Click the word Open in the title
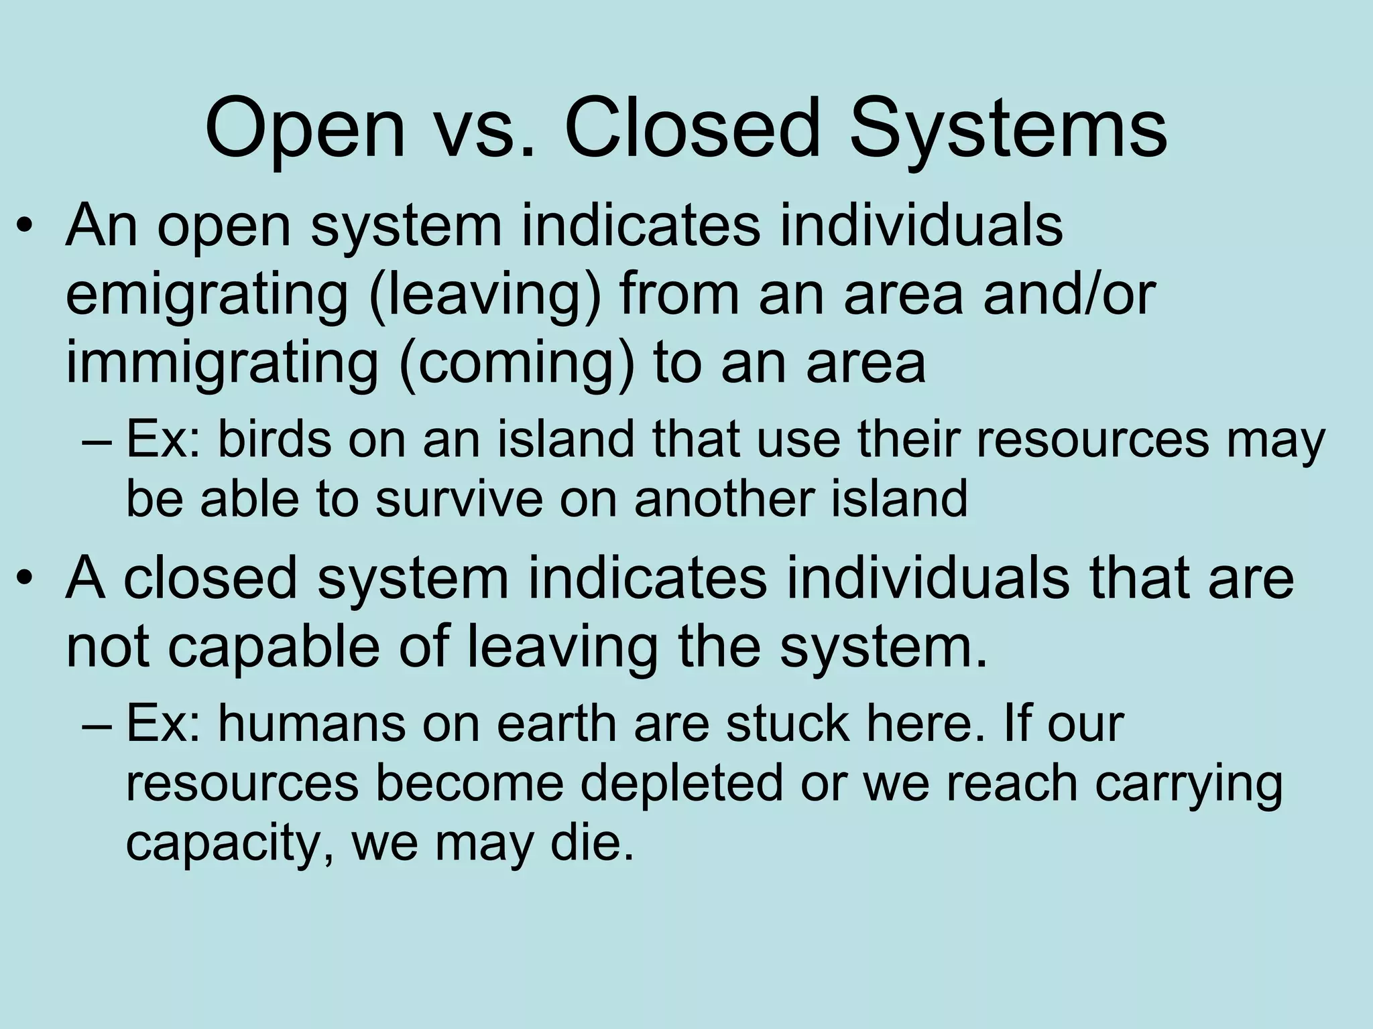click(305, 129)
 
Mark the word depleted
click(681, 784)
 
